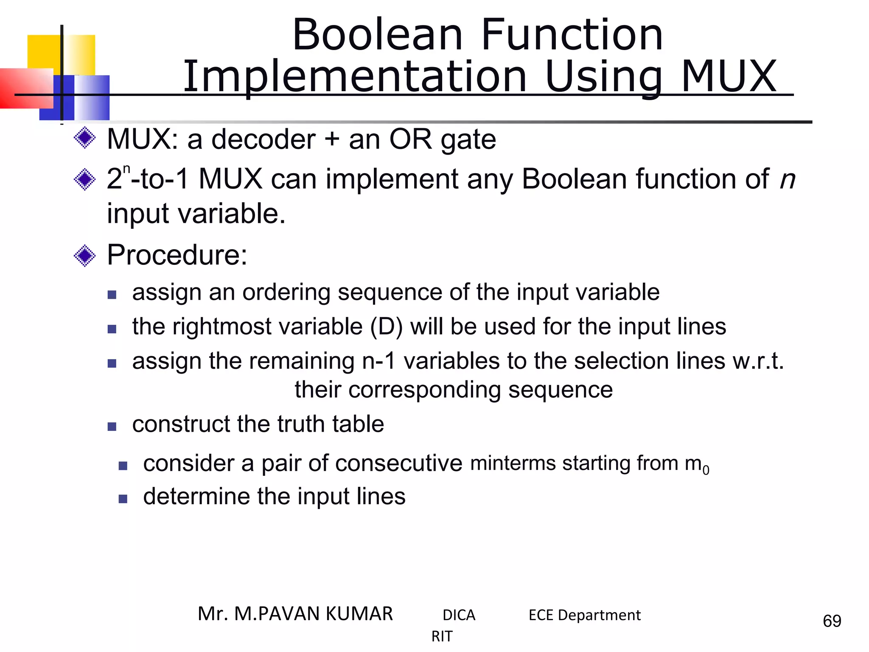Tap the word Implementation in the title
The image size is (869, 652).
pos(355,77)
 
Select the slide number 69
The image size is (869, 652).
pos(832,621)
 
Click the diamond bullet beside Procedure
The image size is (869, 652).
pos(85,256)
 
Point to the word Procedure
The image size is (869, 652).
pos(177,255)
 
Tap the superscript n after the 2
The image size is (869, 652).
pos(126,169)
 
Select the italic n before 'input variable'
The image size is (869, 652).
pos(788,180)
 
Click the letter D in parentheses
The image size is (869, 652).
pos(386,327)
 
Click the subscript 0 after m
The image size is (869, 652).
pos(706,470)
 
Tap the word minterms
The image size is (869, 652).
pos(513,463)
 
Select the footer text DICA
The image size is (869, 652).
pos(459,615)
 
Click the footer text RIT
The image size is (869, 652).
pos(442,636)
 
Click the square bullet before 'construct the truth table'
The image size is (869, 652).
pos(112,426)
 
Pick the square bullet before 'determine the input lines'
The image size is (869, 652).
pos(123,498)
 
